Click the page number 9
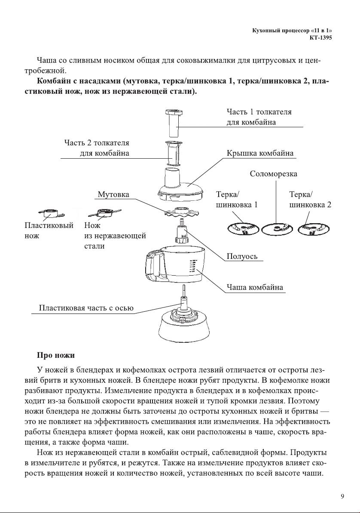click(x=342, y=496)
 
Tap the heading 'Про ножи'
click(x=56, y=355)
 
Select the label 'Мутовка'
click(x=113, y=194)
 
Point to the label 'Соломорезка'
click(x=274, y=174)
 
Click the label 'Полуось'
click(x=242, y=256)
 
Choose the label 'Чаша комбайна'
click(x=255, y=288)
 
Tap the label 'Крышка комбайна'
click(x=260, y=153)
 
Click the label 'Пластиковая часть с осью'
click(x=86, y=308)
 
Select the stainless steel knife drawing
click(x=105, y=213)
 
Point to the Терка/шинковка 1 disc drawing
click(x=243, y=229)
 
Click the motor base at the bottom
click(x=184, y=326)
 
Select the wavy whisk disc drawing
click(x=181, y=212)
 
